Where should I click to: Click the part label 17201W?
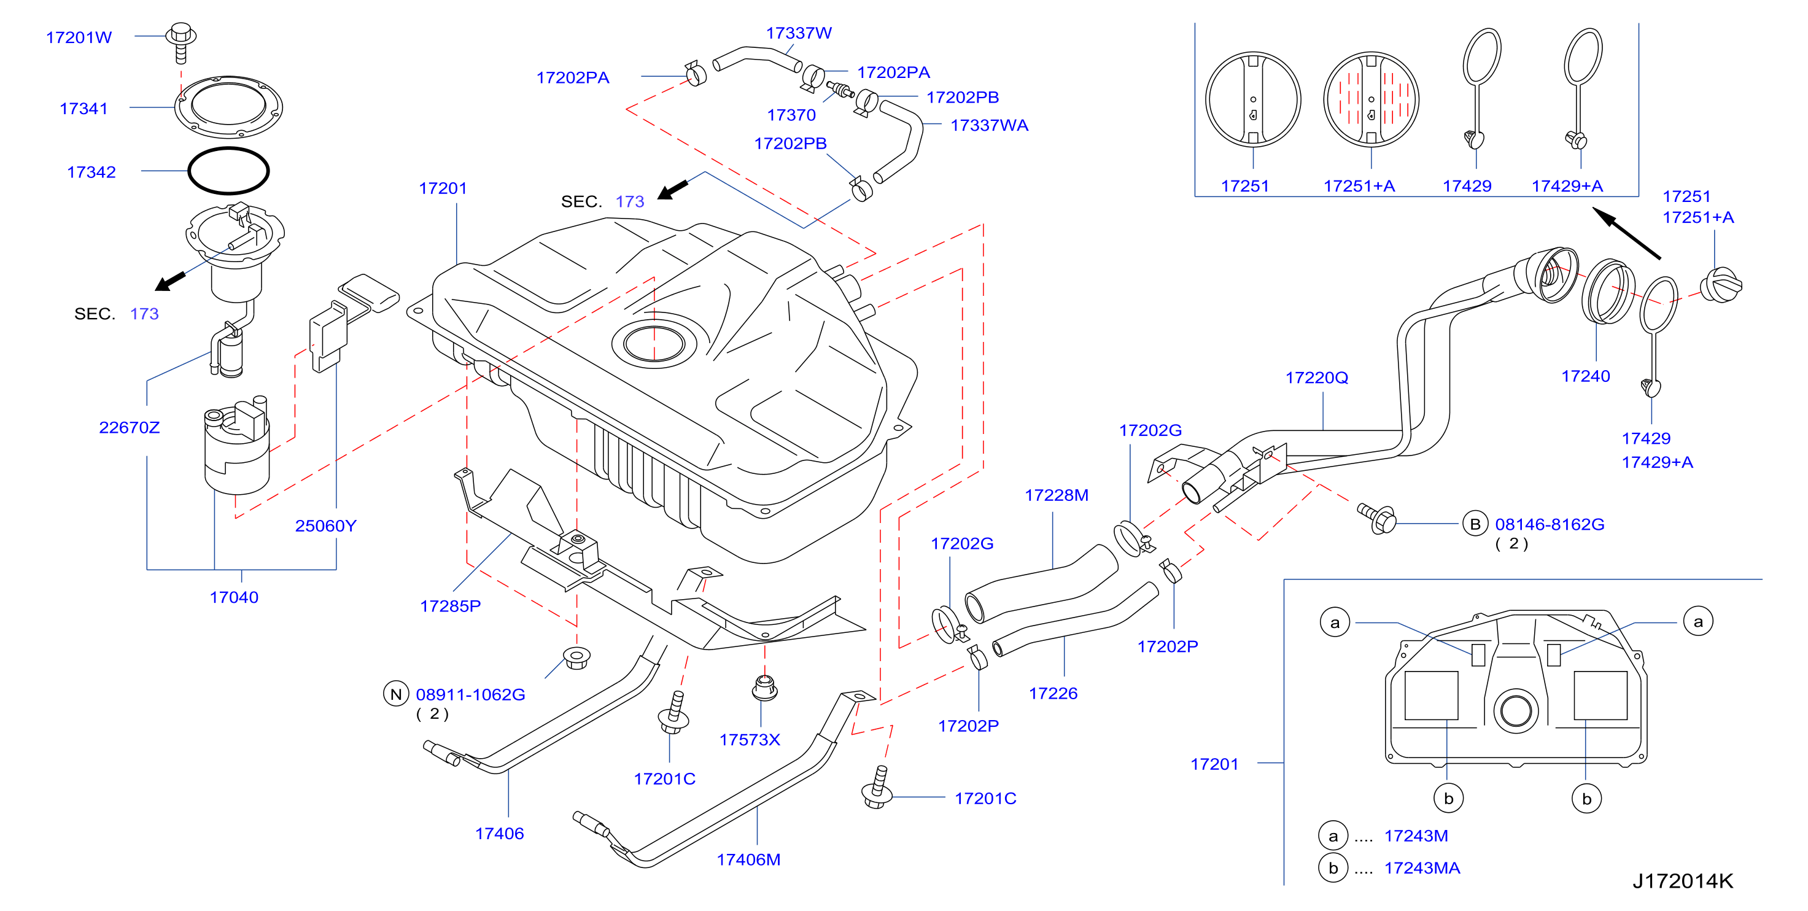click(79, 37)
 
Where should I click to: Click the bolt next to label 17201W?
click(181, 42)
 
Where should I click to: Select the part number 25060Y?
click(325, 525)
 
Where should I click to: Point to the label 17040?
click(234, 597)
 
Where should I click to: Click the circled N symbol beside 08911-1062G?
click(396, 694)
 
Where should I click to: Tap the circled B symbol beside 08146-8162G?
click(1475, 524)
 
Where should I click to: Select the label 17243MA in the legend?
click(1421, 868)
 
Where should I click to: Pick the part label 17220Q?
click(1317, 378)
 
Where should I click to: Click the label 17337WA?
click(989, 125)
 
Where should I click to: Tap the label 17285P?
click(450, 606)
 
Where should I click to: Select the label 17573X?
click(750, 740)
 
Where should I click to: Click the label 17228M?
click(1057, 495)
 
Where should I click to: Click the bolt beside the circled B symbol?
click(1377, 519)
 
